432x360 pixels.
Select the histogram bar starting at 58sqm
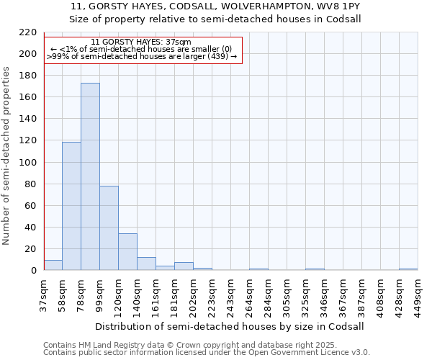71,206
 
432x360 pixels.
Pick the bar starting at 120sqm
127,252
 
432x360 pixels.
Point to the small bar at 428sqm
408,269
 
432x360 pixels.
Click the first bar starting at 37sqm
53,265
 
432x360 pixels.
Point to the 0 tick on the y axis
33,271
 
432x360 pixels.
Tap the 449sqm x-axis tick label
418,296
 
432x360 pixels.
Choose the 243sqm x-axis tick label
230,296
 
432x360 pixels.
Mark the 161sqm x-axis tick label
156,296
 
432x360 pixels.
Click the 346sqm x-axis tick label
324,296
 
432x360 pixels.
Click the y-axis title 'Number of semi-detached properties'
6,156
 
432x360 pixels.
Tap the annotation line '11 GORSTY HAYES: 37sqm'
141,42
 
